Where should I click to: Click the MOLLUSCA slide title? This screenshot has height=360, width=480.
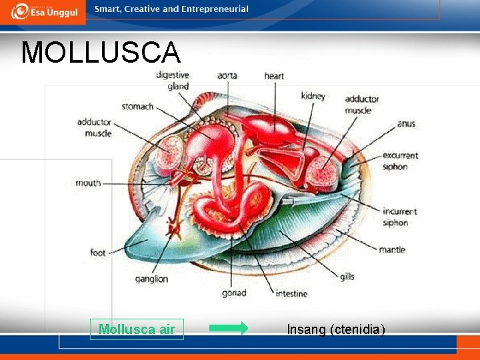(100, 53)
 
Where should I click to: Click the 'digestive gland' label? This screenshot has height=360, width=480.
(173, 81)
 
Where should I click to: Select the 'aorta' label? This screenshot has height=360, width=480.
(227, 76)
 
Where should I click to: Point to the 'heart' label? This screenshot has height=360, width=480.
(273, 76)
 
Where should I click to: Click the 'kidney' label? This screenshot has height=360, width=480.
(313, 96)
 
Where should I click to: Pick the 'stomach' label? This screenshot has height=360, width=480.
(137, 107)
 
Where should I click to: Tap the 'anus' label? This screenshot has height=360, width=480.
(405, 124)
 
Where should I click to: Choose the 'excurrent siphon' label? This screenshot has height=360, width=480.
(400, 161)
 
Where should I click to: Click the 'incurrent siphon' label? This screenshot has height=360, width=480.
(400, 217)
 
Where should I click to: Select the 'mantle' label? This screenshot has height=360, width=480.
(392, 250)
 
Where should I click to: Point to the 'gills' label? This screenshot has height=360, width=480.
(347, 277)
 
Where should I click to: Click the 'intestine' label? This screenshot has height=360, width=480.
(291, 293)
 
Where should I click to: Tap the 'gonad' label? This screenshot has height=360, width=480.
(234, 293)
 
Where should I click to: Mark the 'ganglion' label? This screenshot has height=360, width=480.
(151, 279)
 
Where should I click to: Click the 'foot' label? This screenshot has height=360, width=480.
(98, 253)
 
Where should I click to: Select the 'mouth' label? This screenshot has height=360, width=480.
(88, 183)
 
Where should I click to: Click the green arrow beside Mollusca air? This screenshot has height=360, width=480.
(228, 328)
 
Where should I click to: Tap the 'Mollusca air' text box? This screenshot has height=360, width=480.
(137, 329)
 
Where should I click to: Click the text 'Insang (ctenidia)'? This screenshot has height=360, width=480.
(336, 329)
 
